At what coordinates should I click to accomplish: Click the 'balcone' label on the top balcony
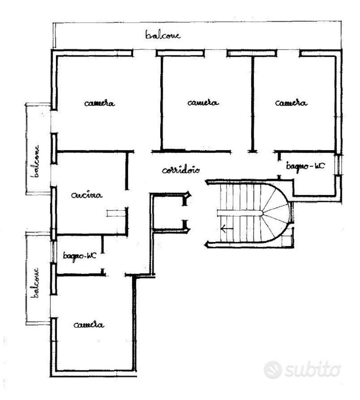coord(163,35)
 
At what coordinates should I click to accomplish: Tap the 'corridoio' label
coord(181,170)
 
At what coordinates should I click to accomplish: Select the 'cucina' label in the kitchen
coord(87,196)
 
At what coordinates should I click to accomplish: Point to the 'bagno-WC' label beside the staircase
coord(306,166)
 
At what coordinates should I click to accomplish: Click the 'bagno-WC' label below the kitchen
coord(80,256)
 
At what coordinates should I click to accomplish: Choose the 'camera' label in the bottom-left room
coord(89,325)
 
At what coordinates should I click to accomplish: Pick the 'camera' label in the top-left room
coord(100,103)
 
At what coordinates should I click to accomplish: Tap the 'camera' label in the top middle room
coord(203,103)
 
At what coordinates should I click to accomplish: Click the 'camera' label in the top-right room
coord(291,103)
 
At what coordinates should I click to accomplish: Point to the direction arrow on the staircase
coord(227,229)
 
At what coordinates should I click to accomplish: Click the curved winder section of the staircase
coord(276,213)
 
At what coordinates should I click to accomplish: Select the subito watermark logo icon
coord(273,370)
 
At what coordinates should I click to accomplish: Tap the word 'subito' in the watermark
coord(313,369)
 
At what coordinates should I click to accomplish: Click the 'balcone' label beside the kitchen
coord(35,161)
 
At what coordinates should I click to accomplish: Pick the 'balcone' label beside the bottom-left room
coord(35,283)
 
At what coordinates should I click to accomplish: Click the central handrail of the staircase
coord(240,213)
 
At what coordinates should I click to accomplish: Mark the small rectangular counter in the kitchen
coord(116,213)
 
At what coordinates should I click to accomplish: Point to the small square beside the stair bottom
coord(287,241)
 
